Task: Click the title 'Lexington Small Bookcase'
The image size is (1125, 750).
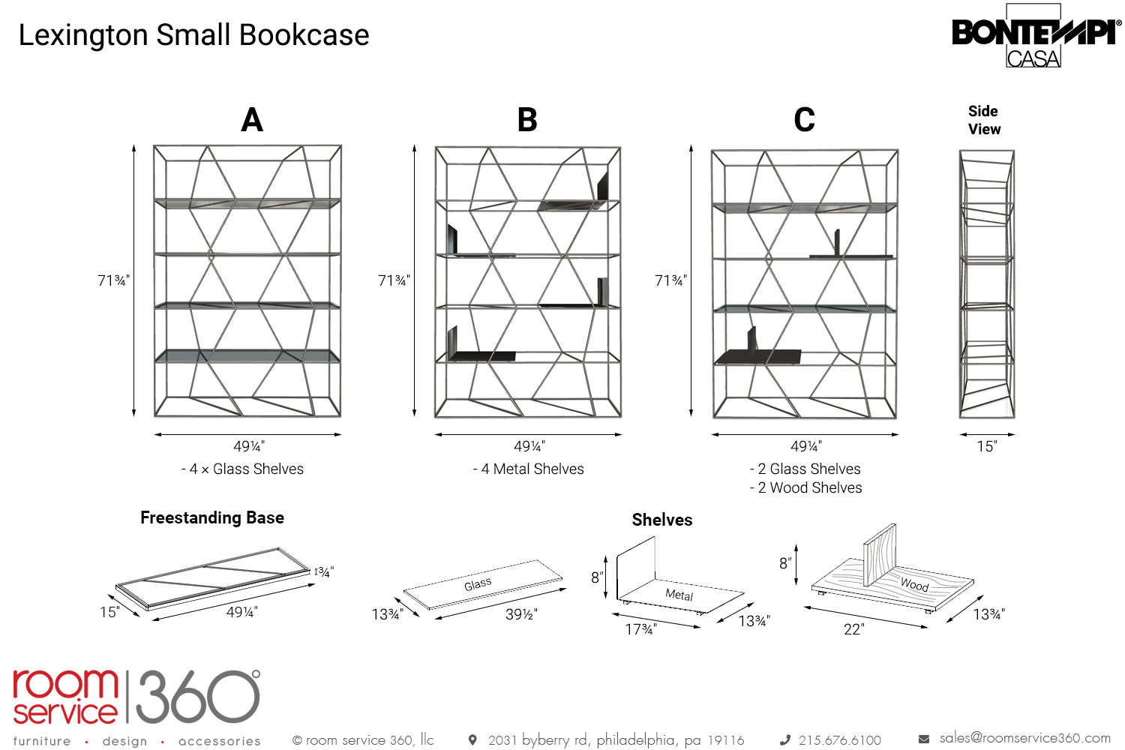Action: point(193,35)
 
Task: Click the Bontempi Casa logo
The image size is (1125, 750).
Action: point(1035,36)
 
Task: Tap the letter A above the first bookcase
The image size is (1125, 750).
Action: point(252,120)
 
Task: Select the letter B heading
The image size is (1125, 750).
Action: point(527,120)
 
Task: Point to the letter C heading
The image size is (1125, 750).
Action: point(804,120)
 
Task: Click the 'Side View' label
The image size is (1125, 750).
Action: point(984,120)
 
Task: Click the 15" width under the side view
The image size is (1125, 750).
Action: point(986,447)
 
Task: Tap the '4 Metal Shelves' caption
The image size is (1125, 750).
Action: point(529,469)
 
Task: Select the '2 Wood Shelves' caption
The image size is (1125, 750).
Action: point(806,488)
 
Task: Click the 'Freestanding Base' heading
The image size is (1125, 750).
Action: point(212,518)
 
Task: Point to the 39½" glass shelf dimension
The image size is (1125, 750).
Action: point(521,614)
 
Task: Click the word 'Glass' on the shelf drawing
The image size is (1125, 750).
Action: point(478,583)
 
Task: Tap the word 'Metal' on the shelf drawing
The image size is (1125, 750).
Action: point(679,595)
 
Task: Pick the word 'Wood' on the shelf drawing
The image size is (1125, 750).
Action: point(914,584)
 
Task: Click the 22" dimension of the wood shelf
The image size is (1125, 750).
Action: point(853,629)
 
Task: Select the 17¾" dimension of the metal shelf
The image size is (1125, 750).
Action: point(641,629)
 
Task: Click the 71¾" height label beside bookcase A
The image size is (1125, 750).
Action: point(113,280)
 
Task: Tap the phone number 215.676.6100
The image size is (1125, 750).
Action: point(839,740)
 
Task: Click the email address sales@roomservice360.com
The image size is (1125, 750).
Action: point(1024,739)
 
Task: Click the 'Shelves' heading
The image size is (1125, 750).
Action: point(662,520)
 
